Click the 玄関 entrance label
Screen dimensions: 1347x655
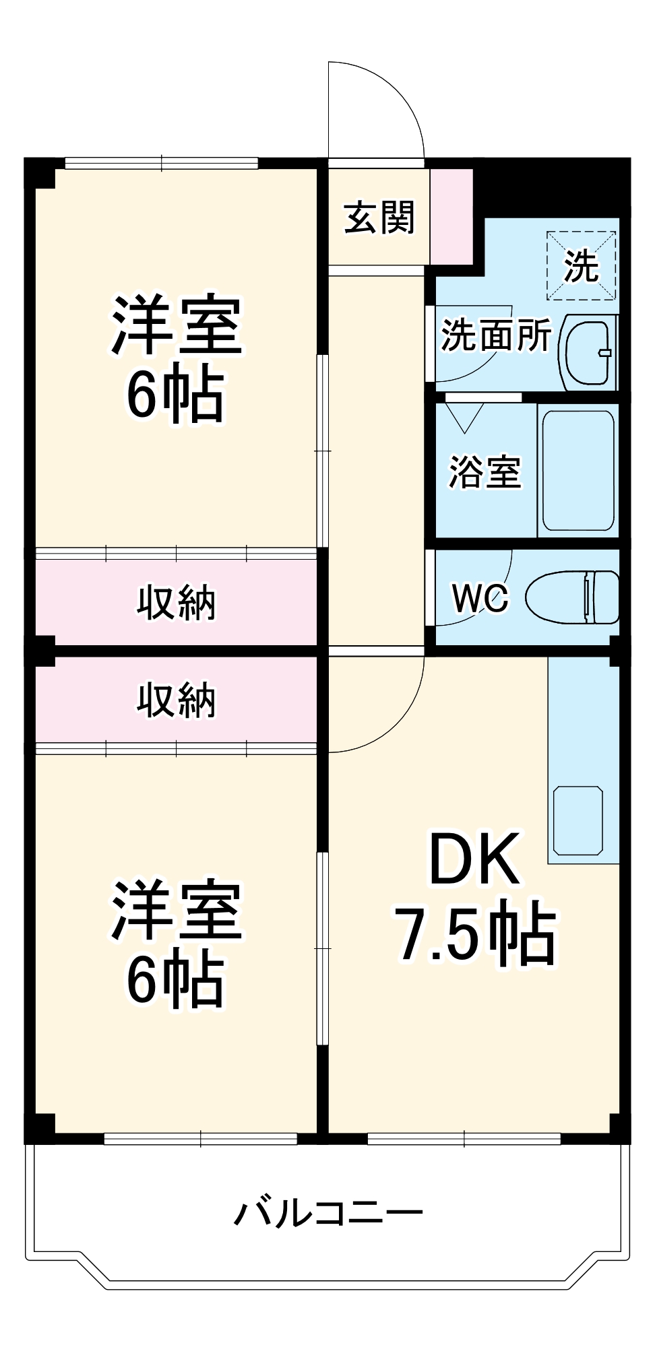[379, 218]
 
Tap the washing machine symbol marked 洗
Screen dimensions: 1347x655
[581, 265]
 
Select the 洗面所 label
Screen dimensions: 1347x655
[496, 335]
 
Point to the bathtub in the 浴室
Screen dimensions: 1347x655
[578, 470]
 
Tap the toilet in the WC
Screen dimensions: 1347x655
[573, 597]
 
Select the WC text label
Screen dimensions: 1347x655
[480, 597]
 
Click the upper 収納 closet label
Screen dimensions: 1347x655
[177, 602]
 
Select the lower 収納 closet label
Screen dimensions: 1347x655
[177, 700]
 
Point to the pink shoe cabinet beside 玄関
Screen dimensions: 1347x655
[451, 217]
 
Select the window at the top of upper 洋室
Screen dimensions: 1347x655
[162, 163]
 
